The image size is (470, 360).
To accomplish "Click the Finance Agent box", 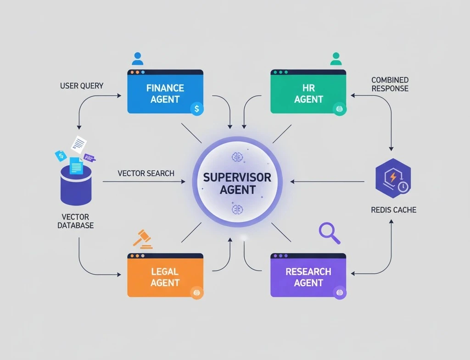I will click(165, 93).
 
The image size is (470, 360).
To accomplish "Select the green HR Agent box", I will click(308, 93).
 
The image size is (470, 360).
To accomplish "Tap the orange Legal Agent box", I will click(165, 277).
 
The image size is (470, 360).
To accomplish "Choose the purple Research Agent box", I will click(308, 277).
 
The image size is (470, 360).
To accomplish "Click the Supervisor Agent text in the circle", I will click(237, 183).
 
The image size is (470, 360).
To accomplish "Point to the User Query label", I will click(82, 85).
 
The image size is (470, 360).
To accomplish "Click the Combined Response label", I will click(390, 84).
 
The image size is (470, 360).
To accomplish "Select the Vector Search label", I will click(146, 173).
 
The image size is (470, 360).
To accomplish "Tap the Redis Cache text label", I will click(393, 210).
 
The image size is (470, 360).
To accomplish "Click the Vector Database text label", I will click(76, 221).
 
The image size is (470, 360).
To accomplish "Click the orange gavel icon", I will click(143, 238).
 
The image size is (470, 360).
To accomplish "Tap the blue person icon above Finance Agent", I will click(137, 59).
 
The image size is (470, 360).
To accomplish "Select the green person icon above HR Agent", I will click(336, 59).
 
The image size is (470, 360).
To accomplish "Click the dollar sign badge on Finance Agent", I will click(196, 109).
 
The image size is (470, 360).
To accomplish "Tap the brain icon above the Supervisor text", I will click(237, 156).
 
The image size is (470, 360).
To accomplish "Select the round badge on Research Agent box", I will click(340, 292).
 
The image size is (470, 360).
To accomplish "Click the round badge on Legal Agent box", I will click(196, 292).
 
